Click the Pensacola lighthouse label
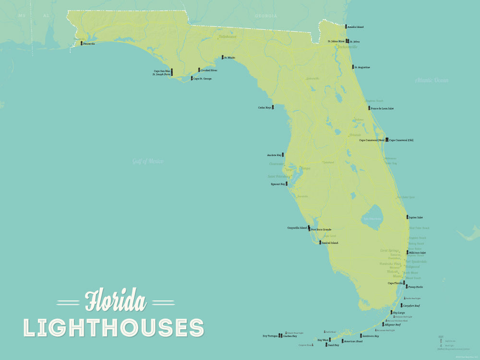coord(89,44)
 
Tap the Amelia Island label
coord(356,27)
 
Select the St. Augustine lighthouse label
coord(362,67)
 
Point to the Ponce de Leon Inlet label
coord(382,108)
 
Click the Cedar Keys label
coord(264,108)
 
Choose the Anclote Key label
coord(274,155)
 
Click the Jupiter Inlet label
coord(416,217)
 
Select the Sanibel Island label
coord(330,243)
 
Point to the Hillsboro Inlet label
coord(417,252)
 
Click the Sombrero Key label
coord(371,336)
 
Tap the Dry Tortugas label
coord(270,336)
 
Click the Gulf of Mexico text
coord(148,161)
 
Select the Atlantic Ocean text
coord(432,80)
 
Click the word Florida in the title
coord(115,301)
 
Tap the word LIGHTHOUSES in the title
coord(114,327)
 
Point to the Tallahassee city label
coord(228,36)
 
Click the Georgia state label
coord(266,16)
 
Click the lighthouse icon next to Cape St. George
coord(192,78)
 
